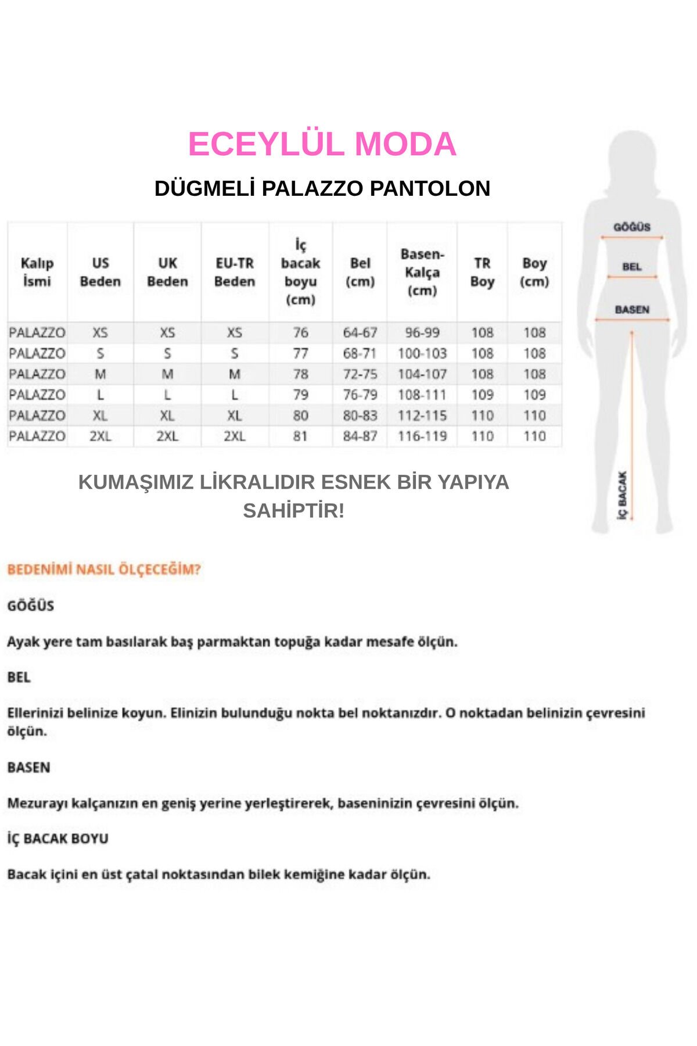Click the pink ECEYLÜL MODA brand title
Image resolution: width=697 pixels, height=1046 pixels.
tap(322, 144)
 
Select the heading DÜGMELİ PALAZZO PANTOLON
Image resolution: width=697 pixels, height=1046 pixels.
tap(322, 188)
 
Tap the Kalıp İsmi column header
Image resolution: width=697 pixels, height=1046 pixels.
tap(37, 272)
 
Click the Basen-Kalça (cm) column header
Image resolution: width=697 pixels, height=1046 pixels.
tap(422, 272)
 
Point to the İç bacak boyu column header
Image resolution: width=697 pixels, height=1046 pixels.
tap(300, 272)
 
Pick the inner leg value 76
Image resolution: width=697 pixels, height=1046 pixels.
tap(300, 332)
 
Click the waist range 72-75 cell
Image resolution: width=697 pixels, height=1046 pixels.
tap(360, 374)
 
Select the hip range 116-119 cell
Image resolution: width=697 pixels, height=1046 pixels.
tap(422, 436)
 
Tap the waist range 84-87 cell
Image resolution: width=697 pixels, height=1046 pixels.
tap(360, 436)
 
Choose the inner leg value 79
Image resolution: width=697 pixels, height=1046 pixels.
tap(300, 395)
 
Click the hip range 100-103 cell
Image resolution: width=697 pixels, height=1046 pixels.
tap(422, 353)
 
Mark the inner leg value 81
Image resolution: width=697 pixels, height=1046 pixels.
tap(300, 436)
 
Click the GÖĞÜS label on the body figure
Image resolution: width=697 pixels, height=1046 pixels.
tap(632, 227)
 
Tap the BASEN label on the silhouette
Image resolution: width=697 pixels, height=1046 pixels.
tap(632, 310)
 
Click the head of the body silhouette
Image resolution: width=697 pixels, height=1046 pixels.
tap(632, 157)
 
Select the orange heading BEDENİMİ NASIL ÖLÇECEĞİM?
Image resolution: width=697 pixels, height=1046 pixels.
tap(104, 569)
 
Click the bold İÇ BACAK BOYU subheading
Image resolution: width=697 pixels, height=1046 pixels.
tap(58, 839)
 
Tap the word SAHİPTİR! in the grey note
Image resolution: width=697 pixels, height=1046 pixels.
tap(293, 511)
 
